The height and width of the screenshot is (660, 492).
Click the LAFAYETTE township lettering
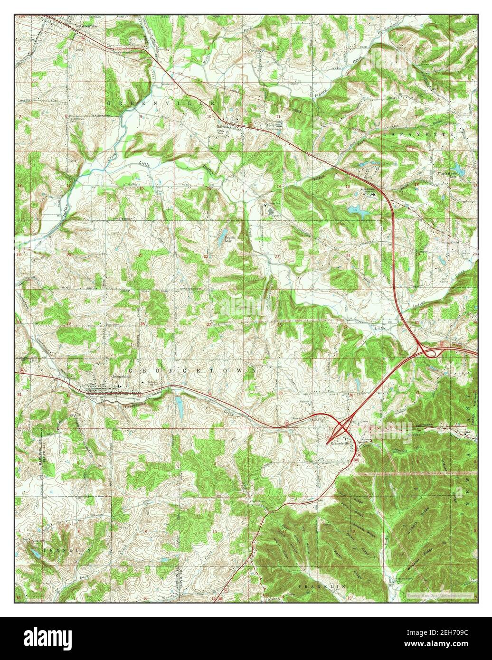[x=418, y=135]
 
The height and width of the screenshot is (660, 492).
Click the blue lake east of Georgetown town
[x=179, y=405]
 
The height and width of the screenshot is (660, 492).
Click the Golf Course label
[x=445, y=281]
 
